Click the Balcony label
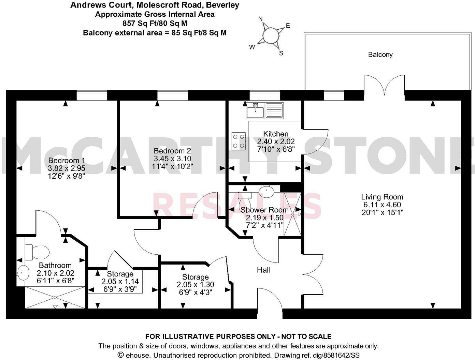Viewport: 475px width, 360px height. pyautogui.click(x=380, y=55)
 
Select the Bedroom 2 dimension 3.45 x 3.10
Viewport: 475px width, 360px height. pyautogui.click(x=172, y=159)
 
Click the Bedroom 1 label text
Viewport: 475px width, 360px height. pyautogui.click(x=67, y=161)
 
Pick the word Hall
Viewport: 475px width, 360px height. pyautogui.click(x=263, y=270)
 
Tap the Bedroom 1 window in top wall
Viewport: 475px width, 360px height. pyautogui.click(x=92, y=95)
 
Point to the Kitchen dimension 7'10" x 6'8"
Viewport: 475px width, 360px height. pyautogui.click(x=276, y=149)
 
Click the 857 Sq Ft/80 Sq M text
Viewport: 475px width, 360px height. pyautogui.click(x=155, y=24)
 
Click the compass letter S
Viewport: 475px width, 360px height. pyautogui.click(x=282, y=53)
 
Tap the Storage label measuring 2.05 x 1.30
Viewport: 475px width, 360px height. pyautogui.click(x=195, y=277)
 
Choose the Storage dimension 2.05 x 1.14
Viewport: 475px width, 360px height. pyautogui.click(x=120, y=282)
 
